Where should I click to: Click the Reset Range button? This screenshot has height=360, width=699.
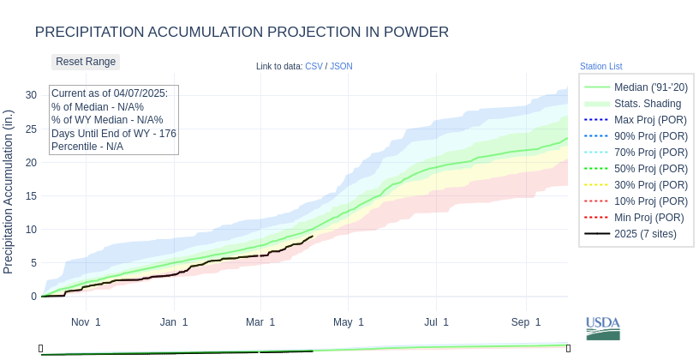tap(86, 62)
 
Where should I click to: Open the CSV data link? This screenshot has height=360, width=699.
tap(314, 66)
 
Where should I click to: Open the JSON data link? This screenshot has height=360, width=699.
tap(341, 66)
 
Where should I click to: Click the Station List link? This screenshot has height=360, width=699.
tap(600, 66)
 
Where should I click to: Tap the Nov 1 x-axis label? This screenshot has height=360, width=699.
tap(86, 322)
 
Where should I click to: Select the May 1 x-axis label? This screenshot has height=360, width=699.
tap(349, 322)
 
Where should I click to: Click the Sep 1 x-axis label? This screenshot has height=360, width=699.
tap(526, 322)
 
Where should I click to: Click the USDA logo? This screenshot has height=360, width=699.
tap(603, 327)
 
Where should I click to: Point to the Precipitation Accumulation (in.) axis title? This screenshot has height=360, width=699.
tap(9, 191)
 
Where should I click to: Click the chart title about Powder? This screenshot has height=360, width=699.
tap(242, 32)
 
